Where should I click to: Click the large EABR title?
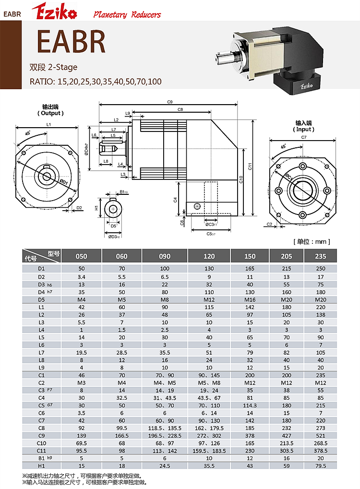point(71,42)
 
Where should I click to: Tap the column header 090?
point(165,256)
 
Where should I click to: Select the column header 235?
point(321,256)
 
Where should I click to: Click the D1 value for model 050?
point(82,269)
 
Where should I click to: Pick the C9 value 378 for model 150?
point(250,435)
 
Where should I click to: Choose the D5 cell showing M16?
point(250,299)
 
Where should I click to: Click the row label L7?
point(41,352)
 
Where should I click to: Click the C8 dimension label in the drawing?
point(180,110)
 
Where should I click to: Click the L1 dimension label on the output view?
point(48,125)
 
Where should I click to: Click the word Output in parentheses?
point(50,113)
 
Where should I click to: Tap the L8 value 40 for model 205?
point(287,359)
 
